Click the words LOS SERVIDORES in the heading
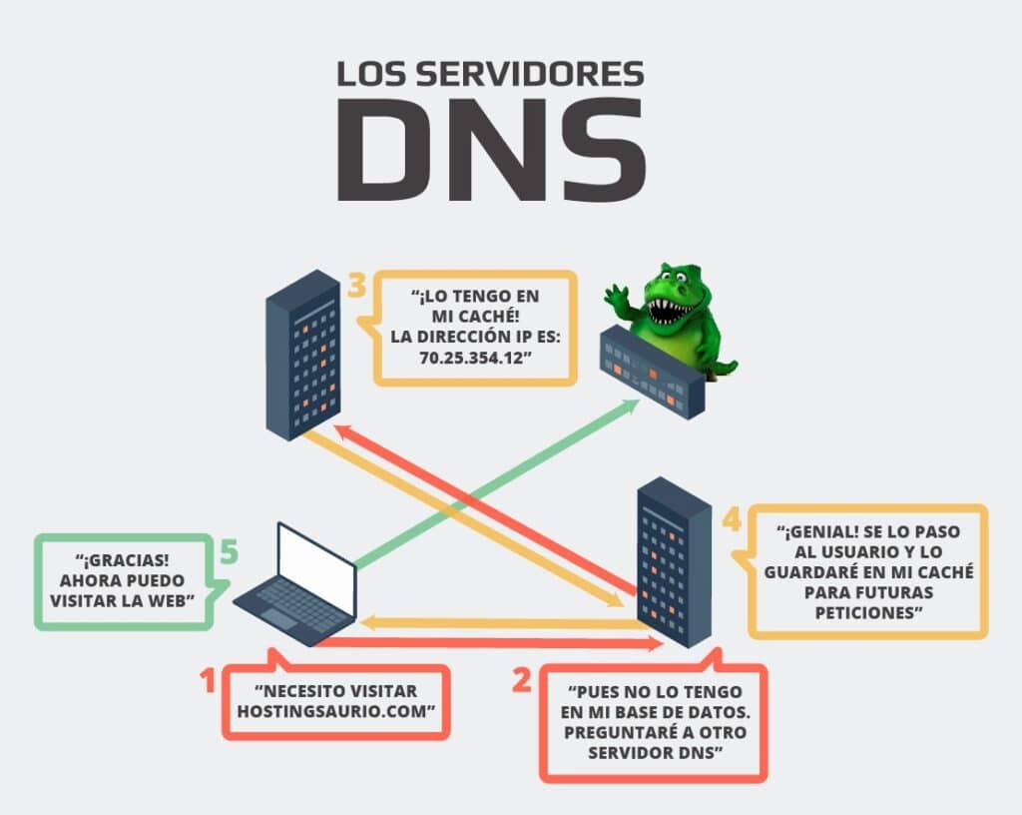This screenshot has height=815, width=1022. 489,75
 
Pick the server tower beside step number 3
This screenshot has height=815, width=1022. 303,355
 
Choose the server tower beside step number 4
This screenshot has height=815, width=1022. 674,559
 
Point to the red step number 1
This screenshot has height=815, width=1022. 209,681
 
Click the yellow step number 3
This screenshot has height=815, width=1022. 357,287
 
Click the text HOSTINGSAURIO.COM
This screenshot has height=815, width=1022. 337,710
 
